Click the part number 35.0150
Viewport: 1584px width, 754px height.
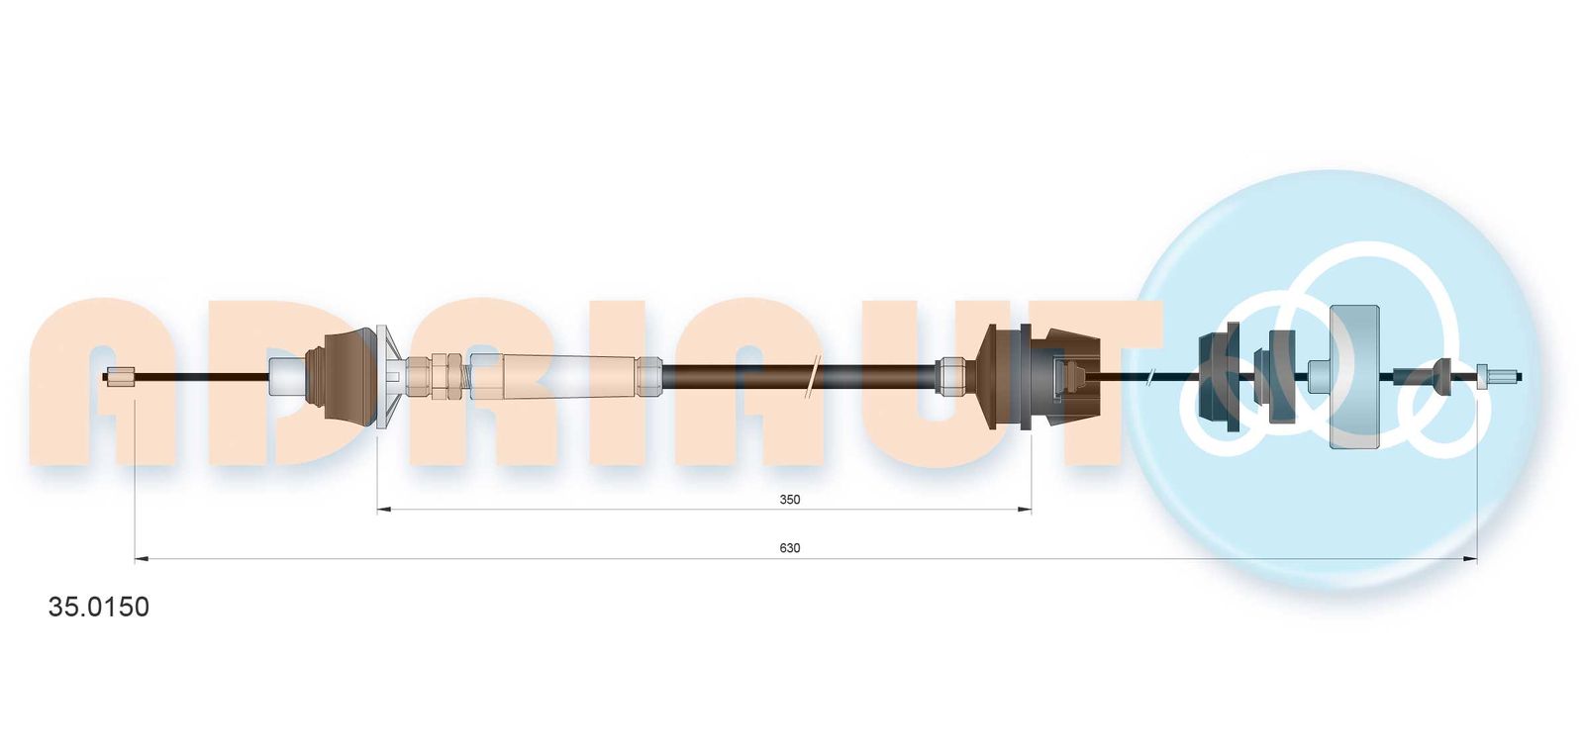click(x=98, y=607)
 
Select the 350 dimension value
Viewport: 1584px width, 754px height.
click(x=789, y=500)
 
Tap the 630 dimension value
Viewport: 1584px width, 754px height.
click(x=789, y=548)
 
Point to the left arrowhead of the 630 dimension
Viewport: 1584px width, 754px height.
click(x=142, y=560)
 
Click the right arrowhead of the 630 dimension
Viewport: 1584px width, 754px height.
click(x=1469, y=560)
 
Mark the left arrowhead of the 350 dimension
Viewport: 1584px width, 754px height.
click(x=384, y=509)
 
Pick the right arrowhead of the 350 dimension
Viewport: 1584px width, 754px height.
click(x=1024, y=509)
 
